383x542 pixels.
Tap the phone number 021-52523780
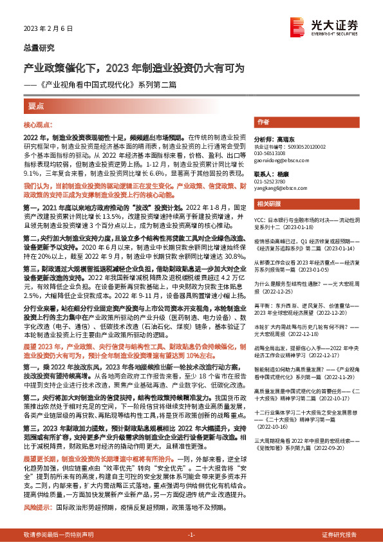point(272,182)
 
